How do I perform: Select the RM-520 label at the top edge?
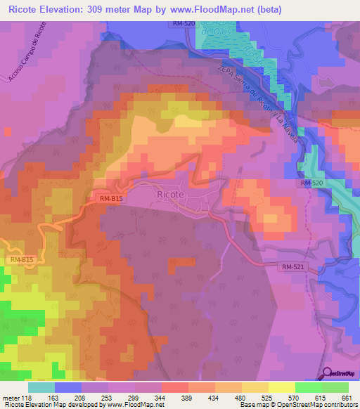[184, 24]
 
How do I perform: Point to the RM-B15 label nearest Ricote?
[110, 199]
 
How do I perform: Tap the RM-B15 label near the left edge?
[22, 260]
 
